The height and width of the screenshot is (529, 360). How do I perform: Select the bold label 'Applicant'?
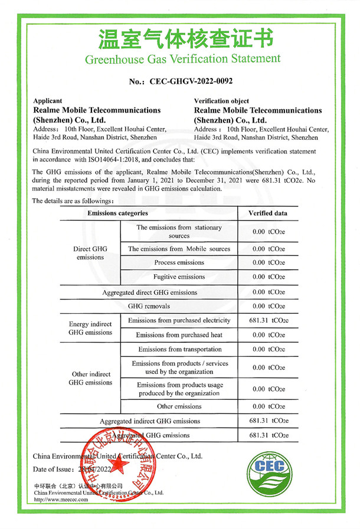(x=49, y=101)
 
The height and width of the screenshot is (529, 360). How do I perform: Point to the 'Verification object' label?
(x=221, y=101)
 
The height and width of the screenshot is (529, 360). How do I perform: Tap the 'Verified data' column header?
(x=268, y=213)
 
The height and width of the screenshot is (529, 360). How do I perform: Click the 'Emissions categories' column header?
(x=118, y=213)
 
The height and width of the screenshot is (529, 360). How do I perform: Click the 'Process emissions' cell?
(x=179, y=262)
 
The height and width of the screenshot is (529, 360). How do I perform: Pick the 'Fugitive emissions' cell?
(x=179, y=277)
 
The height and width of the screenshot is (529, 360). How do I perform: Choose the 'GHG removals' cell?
(x=149, y=306)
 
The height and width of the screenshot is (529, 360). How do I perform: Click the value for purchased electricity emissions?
(x=269, y=320)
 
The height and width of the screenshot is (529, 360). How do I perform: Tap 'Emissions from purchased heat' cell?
(x=179, y=335)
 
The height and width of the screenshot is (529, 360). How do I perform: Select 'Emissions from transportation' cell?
(x=179, y=349)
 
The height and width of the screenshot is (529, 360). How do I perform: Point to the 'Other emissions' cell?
(x=179, y=406)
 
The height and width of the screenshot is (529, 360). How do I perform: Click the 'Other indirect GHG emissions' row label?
(x=90, y=378)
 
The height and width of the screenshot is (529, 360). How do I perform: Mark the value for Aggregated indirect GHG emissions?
(x=269, y=421)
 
